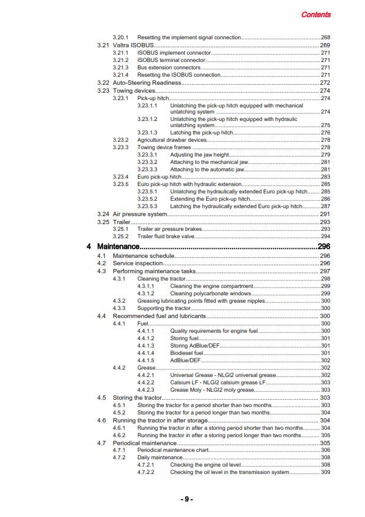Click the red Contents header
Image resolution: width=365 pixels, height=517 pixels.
coord(316,15)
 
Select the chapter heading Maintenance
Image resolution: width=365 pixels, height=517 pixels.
coord(118,246)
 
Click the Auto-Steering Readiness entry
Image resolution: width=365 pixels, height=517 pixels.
coord(147,82)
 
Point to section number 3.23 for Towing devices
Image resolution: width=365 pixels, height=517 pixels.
coord(103,91)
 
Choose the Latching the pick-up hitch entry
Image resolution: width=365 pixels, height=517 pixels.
coord(200,133)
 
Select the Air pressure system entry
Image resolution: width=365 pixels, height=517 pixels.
coord(140,214)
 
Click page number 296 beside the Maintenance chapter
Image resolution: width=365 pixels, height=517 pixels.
coord(324,246)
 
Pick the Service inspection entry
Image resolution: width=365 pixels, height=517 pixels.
coord(138,263)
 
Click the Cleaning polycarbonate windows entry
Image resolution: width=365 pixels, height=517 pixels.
coord(209,293)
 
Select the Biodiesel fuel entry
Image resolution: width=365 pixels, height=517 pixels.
coord(186,352)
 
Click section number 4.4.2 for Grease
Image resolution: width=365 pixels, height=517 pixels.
coord(120,367)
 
